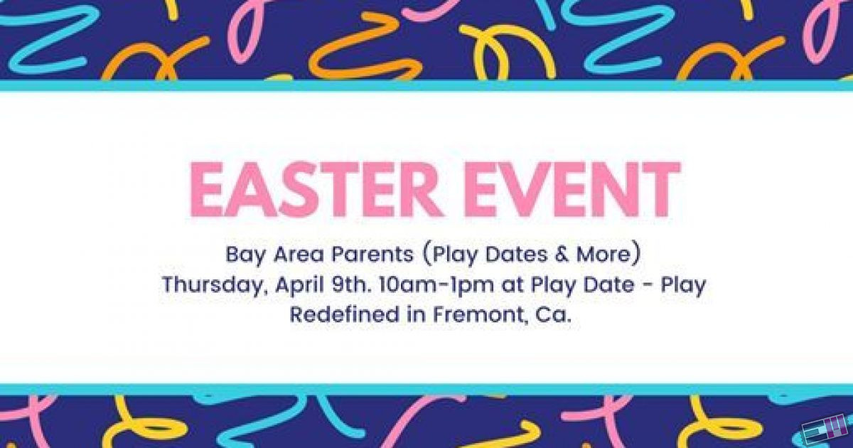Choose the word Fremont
click(481, 315)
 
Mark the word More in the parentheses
click(603, 254)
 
